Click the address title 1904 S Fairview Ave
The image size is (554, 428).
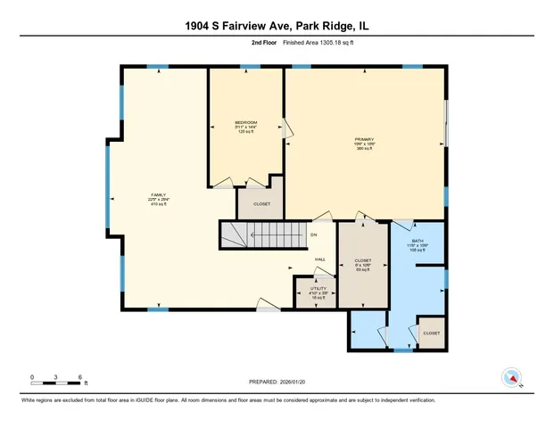coord(277,26)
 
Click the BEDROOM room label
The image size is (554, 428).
coord(246,122)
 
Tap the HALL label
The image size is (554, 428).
coord(319,259)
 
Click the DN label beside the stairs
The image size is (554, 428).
coord(313,235)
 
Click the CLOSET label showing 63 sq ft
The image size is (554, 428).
coord(363,260)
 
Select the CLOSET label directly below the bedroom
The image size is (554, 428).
coord(260,203)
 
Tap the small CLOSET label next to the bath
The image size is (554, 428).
coord(431,333)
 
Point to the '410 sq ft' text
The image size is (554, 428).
coord(158,205)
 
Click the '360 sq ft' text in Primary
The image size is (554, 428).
coord(364,149)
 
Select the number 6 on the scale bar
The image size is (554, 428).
coord(81,377)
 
